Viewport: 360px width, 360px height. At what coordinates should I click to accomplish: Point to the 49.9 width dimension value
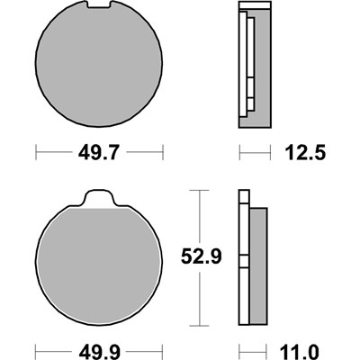(98, 350)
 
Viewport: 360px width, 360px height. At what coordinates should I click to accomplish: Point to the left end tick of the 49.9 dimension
(35, 350)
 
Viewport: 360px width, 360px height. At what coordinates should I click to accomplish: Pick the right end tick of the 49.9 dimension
(163, 350)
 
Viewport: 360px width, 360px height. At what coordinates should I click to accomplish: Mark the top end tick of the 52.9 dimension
(199, 191)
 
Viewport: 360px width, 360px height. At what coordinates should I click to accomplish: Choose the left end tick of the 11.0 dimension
(239, 350)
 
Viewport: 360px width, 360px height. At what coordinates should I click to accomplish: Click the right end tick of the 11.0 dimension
(268, 350)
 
